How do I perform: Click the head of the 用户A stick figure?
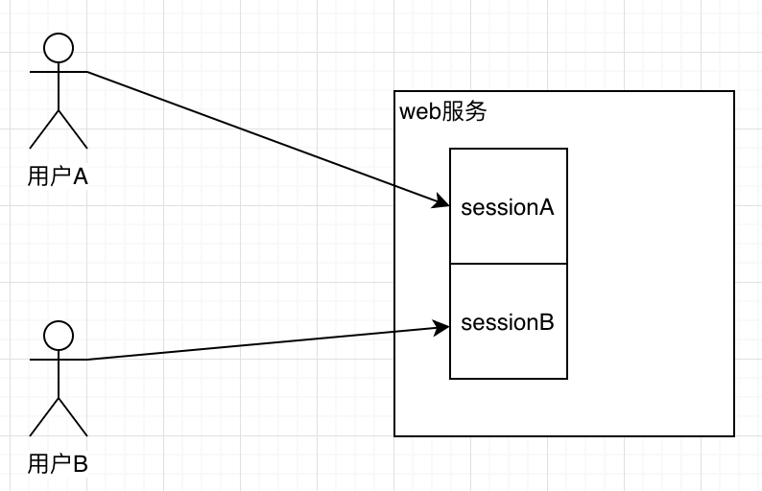click(59, 47)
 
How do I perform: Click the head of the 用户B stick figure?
click(59, 335)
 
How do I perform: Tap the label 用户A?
click(58, 176)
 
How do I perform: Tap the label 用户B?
click(58, 464)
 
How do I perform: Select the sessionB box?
click(509, 345)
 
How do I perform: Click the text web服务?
click(443, 111)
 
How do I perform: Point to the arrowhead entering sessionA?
click(442, 201)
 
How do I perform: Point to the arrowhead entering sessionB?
click(442, 327)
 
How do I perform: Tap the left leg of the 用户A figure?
click(45, 129)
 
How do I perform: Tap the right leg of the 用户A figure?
click(72, 129)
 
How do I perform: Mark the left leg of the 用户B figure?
click(45, 417)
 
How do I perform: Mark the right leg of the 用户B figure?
click(72, 417)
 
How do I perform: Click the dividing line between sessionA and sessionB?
click(509, 264)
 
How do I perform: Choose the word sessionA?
click(508, 207)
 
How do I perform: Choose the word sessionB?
click(508, 322)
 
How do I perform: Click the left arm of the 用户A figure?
click(43, 72)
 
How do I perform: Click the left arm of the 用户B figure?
click(43, 360)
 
